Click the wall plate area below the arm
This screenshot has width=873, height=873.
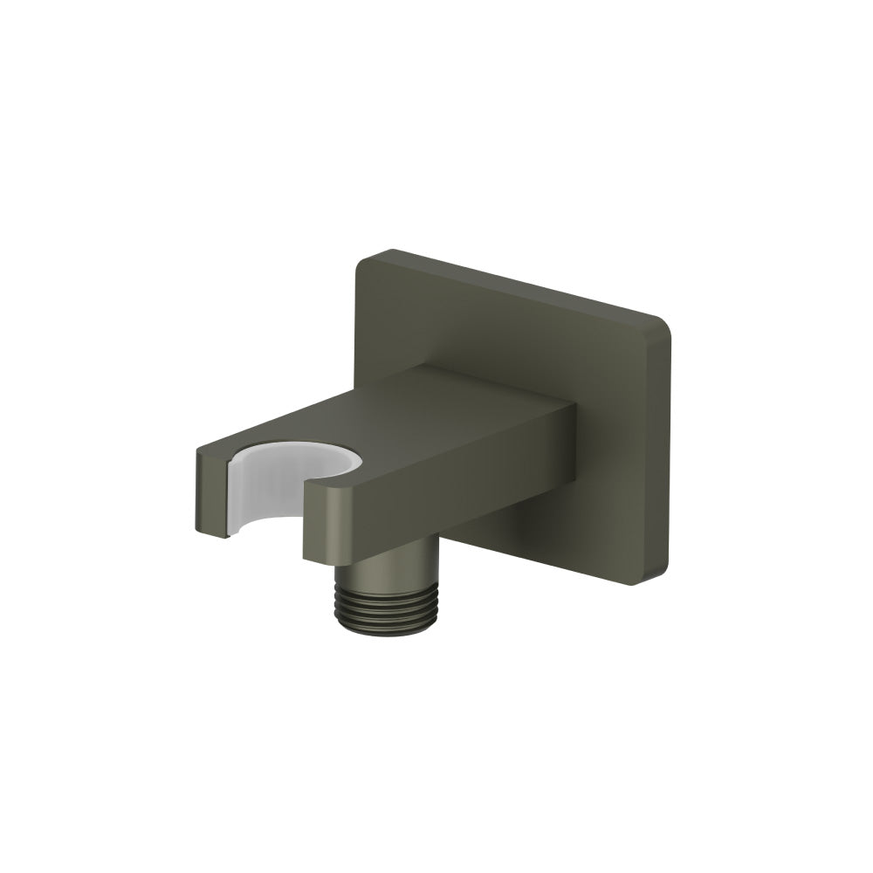coord(567,533)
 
